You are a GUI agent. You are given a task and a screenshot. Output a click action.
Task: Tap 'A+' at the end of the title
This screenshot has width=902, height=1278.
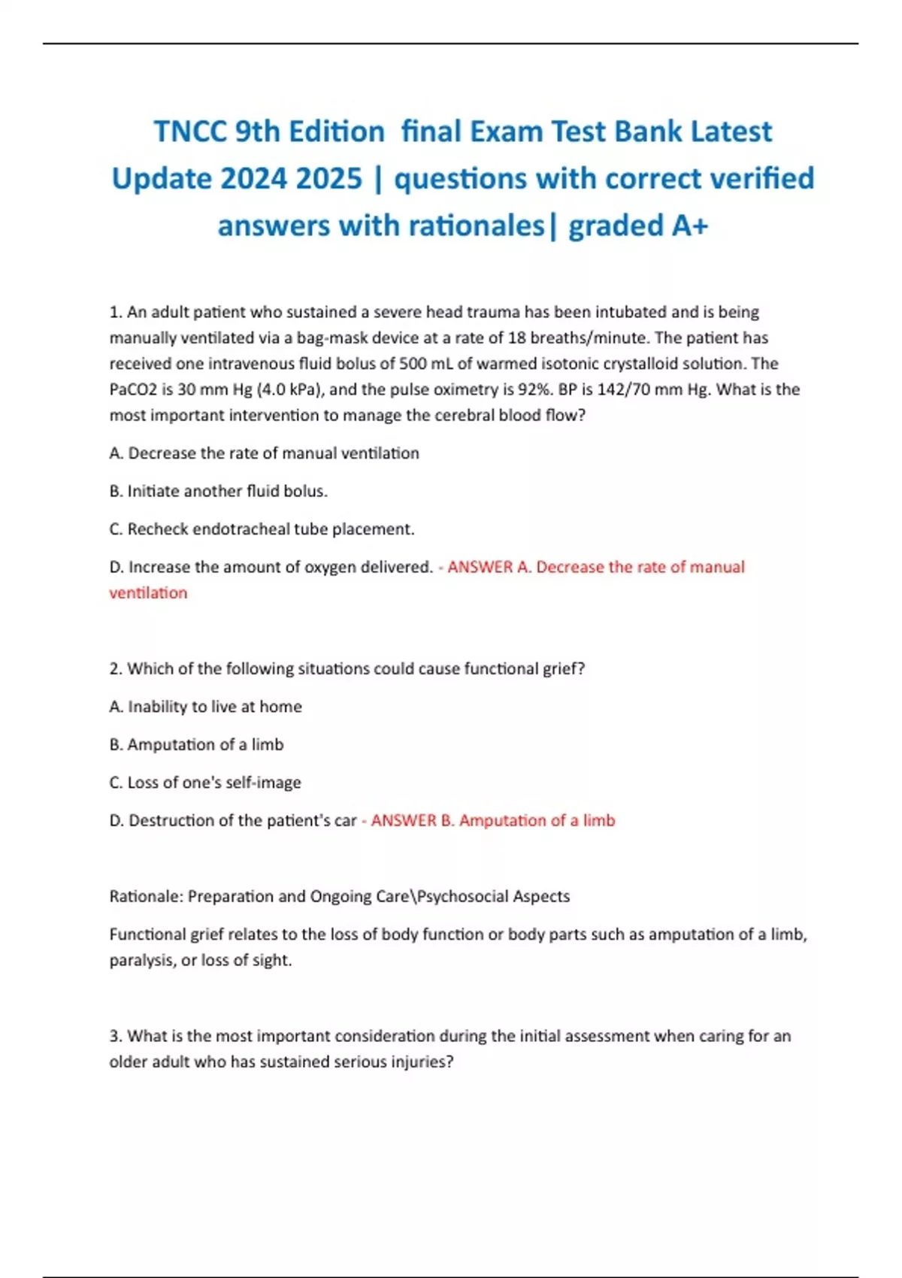pyautogui.click(x=689, y=226)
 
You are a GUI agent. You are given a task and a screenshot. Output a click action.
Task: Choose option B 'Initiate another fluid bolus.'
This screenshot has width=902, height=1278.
pyautogui.click(x=218, y=492)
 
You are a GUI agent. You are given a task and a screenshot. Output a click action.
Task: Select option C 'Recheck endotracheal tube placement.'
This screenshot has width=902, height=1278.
pyautogui.click(x=262, y=529)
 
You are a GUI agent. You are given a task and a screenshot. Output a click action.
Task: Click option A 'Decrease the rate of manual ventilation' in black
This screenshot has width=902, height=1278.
pyautogui.click(x=264, y=453)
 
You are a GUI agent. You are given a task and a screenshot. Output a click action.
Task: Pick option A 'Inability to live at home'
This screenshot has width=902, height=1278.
pyautogui.click(x=205, y=707)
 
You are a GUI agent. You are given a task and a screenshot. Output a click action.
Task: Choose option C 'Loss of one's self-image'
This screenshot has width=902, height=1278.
pyautogui.click(x=204, y=783)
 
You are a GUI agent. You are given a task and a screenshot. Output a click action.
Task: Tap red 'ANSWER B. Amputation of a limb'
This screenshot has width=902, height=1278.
pyautogui.click(x=492, y=821)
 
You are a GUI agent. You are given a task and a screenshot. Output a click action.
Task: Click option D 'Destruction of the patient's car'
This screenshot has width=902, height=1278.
pyautogui.click(x=232, y=821)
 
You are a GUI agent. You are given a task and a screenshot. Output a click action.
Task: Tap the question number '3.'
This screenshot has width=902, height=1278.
pyautogui.click(x=116, y=1037)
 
